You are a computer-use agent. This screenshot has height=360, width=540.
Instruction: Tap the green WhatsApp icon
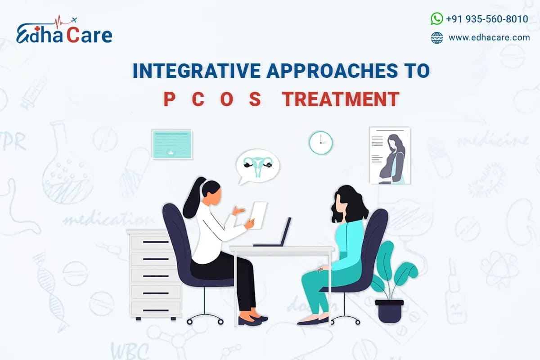click(x=436, y=18)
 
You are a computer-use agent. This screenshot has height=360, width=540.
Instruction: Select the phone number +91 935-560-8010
click(x=487, y=19)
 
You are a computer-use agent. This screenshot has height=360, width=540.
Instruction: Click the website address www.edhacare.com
click(x=489, y=38)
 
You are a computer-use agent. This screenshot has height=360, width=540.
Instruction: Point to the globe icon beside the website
click(x=436, y=38)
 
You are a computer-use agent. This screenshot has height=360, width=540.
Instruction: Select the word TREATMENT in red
click(x=341, y=99)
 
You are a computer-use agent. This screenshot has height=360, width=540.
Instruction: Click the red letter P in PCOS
click(x=169, y=99)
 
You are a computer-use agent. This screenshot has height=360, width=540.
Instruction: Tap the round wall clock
click(x=320, y=143)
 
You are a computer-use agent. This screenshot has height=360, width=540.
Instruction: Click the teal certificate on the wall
click(x=172, y=144)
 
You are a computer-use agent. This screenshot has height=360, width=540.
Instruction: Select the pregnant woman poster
click(x=390, y=155)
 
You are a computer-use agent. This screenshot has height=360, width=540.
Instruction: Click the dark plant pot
click(x=389, y=310)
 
